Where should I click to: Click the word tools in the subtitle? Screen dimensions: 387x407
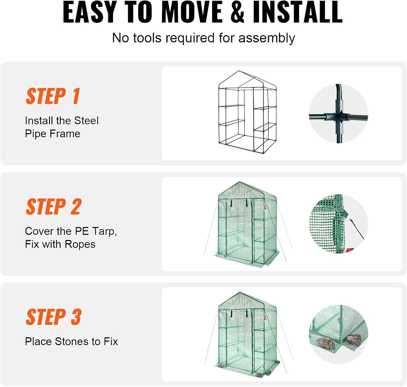pos(148,38)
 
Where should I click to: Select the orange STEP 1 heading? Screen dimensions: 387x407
pos(53,96)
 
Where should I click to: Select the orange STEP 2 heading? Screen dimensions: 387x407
pos(54,207)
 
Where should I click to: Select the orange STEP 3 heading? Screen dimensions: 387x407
pos(54,317)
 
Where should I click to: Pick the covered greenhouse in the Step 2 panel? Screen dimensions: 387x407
pos(247,224)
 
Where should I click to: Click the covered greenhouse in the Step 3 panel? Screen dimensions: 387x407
pos(247,334)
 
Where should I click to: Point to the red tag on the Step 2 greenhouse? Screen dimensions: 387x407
pos(265,208)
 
